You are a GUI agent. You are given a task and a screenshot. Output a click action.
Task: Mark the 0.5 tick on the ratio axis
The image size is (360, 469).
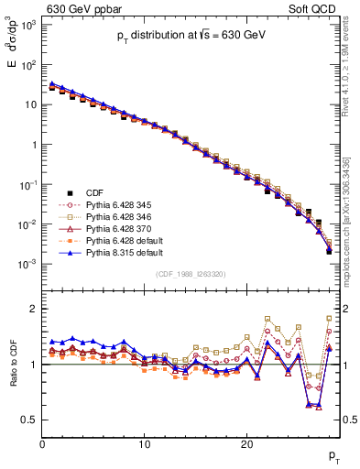point(31,420)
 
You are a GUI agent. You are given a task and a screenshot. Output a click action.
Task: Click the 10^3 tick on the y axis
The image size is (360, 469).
point(28,25)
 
